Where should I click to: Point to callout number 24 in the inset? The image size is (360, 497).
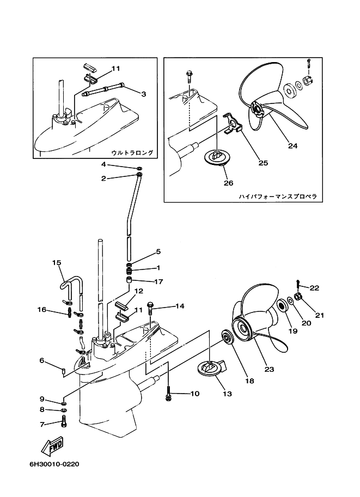click(292, 146)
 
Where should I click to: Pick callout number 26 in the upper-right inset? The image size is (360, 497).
click(228, 182)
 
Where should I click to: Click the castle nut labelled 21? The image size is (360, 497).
click(298, 297)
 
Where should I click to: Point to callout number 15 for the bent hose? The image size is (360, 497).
click(56, 262)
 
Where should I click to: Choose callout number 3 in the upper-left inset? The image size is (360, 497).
click(143, 94)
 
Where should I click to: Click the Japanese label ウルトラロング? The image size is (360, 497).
click(132, 153)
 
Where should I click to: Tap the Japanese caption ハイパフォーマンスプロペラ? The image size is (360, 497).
click(277, 196)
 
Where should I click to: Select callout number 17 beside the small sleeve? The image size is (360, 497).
click(158, 281)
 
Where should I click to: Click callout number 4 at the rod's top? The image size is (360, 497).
click(103, 164)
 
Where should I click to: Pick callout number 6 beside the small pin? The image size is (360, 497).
click(41, 360)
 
